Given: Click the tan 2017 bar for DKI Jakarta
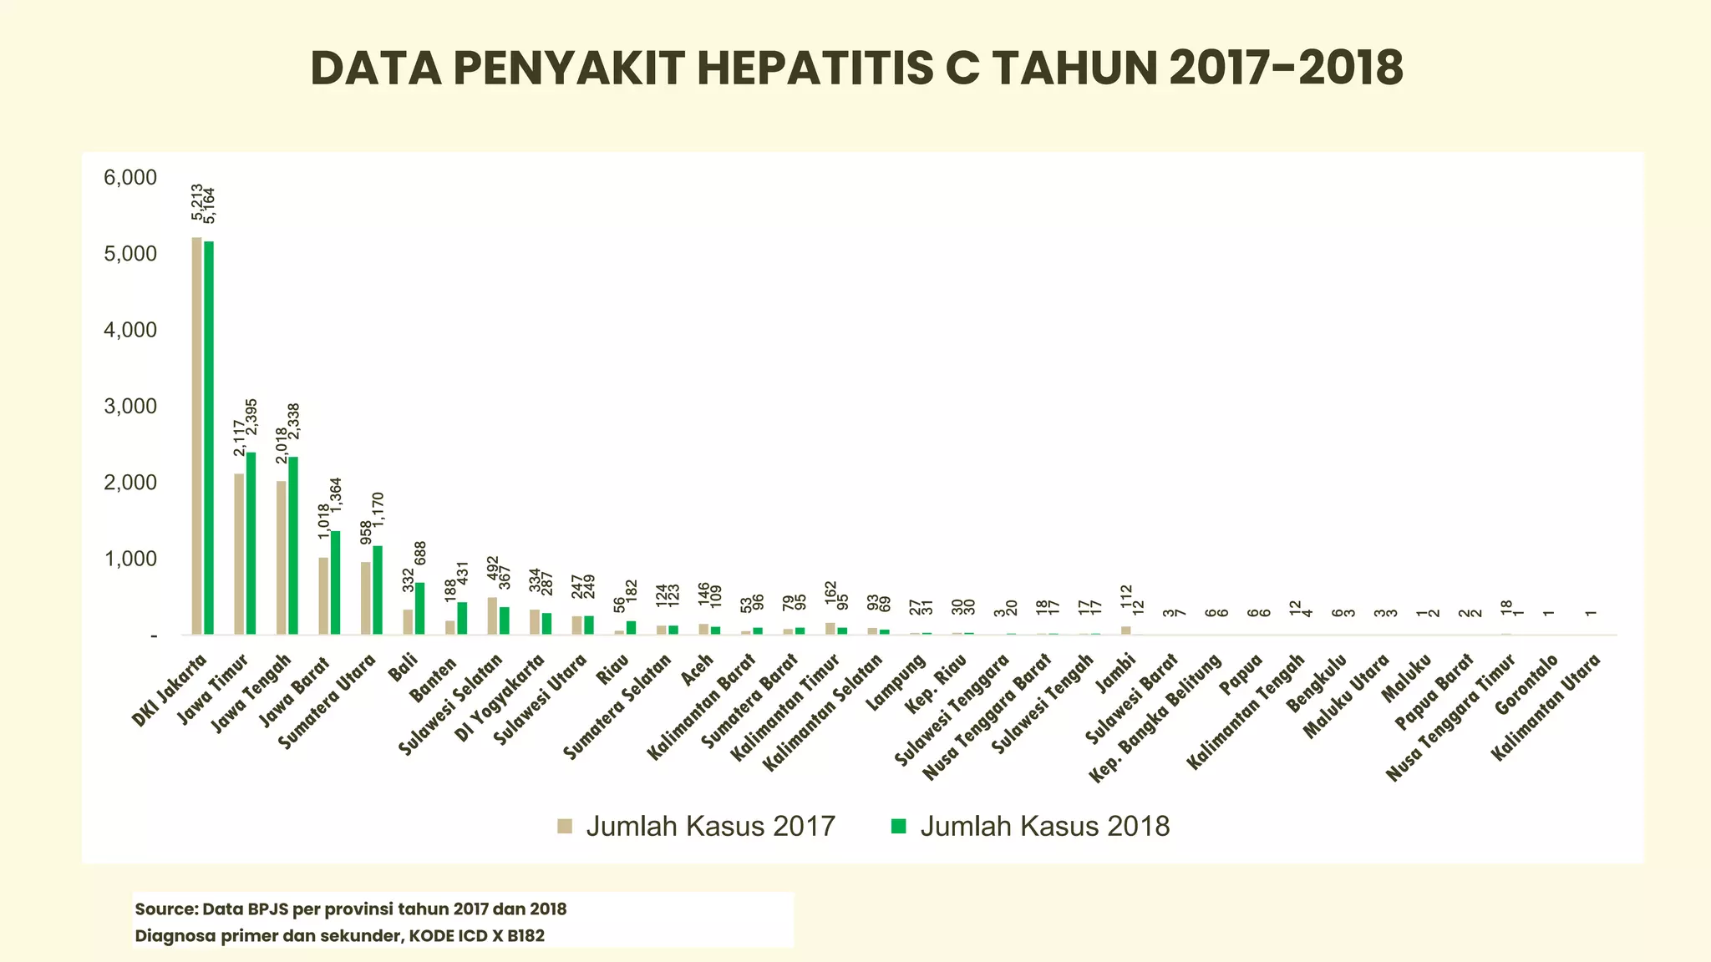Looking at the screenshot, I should tap(196, 434).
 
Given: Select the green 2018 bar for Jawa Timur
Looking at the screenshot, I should tap(251, 543).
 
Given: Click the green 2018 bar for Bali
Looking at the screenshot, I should tap(420, 609).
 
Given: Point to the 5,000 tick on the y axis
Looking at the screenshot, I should tap(130, 254).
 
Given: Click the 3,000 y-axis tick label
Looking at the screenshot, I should tap(130, 407).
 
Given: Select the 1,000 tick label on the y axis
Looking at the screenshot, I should tap(130, 559).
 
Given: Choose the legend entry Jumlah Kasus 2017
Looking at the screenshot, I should tap(697, 826).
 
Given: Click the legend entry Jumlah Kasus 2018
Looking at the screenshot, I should tap(1031, 826).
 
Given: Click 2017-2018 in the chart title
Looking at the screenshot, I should tap(1286, 68).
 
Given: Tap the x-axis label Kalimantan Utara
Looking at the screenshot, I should tap(1547, 706).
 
